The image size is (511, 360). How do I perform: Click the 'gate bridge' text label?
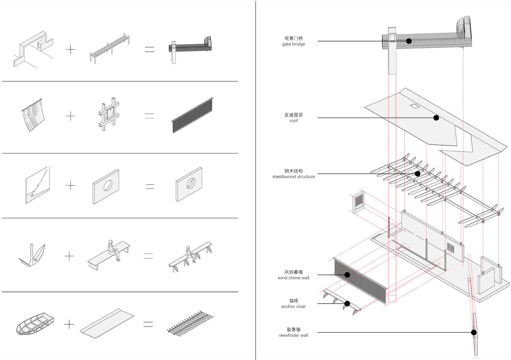coord(293,44)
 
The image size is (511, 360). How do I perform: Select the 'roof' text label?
coord(293,121)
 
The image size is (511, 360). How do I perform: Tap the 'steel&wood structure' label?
coord(293,177)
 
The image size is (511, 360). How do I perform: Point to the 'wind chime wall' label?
coord(293,278)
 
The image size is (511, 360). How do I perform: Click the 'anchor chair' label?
coord(293,306)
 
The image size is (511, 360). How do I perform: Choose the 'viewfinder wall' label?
coord(293,335)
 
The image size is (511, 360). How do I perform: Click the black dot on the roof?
coord(436,118)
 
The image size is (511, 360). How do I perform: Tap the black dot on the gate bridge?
coord(408,41)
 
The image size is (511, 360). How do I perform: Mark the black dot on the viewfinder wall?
coord(474,332)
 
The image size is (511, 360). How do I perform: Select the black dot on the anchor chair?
coord(347,303)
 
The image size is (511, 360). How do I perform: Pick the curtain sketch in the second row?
coord(33,115)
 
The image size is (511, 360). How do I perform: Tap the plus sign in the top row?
coord(70,50)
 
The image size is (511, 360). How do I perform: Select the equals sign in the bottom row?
coord(148,324)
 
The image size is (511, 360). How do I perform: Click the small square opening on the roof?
coord(415,106)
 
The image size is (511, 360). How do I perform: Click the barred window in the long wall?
coord(450,248)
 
